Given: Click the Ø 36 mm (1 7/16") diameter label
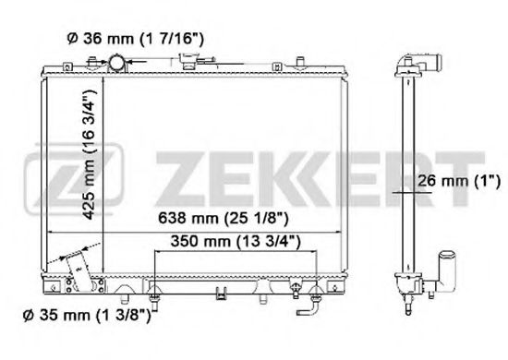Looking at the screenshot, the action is pyautogui.click(x=135, y=39).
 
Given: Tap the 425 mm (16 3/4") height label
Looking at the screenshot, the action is pyautogui.click(x=90, y=154).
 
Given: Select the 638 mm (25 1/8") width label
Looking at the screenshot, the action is pyautogui.click(x=223, y=218).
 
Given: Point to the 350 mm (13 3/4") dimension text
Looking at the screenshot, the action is pyautogui.click(x=236, y=242).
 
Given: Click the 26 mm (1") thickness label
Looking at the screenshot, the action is pyautogui.click(x=459, y=181).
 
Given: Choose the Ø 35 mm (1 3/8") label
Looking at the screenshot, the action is pyautogui.click(x=88, y=316).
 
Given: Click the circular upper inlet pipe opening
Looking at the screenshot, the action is pyautogui.click(x=116, y=63).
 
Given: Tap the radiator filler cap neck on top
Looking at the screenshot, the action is pyautogui.click(x=188, y=61).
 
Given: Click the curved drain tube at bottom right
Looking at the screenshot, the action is pyautogui.click(x=310, y=309).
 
